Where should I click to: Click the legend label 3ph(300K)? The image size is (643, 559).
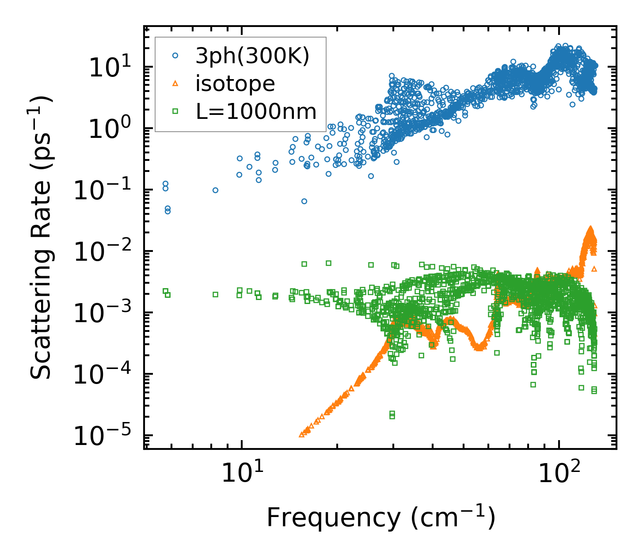click(252, 57)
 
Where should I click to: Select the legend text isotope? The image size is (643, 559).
click(235, 84)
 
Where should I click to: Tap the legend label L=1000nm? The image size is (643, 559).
click(256, 112)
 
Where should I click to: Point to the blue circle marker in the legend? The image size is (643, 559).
click(175, 56)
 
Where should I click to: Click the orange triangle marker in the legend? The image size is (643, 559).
click(175, 83)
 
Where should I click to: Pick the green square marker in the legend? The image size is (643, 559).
click(175, 111)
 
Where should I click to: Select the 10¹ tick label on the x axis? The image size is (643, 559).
click(241, 472)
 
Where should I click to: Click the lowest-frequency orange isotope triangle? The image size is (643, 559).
click(302, 434)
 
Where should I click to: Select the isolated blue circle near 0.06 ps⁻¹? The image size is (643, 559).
click(304, 201)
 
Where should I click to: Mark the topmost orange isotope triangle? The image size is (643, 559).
click(590, 228)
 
